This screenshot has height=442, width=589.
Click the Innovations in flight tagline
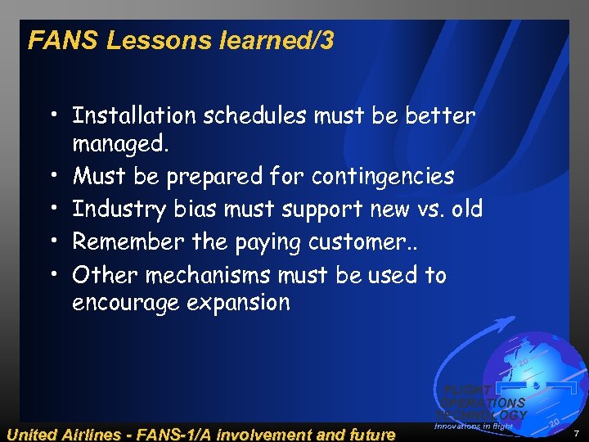(474, 426)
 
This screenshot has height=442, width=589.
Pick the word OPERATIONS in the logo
(486, 403)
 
